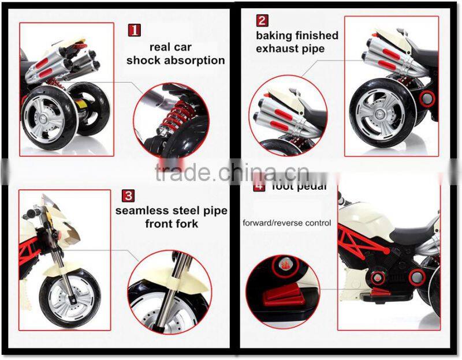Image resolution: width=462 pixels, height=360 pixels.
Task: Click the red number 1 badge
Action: tap(134, 30)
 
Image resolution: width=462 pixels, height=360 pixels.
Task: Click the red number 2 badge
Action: tap(262, 21)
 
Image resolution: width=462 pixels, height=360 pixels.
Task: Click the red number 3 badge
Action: tap(128, 196)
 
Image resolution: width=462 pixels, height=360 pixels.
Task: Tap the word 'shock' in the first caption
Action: tap(146, 60)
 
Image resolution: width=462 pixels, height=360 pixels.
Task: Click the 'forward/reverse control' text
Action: tap(287, 223)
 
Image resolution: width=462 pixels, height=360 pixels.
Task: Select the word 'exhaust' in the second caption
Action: tap(277, 49)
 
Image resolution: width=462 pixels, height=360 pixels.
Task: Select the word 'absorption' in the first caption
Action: tap(196, 60)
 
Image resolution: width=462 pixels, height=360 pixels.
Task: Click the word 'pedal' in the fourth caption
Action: tap(312, 186)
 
